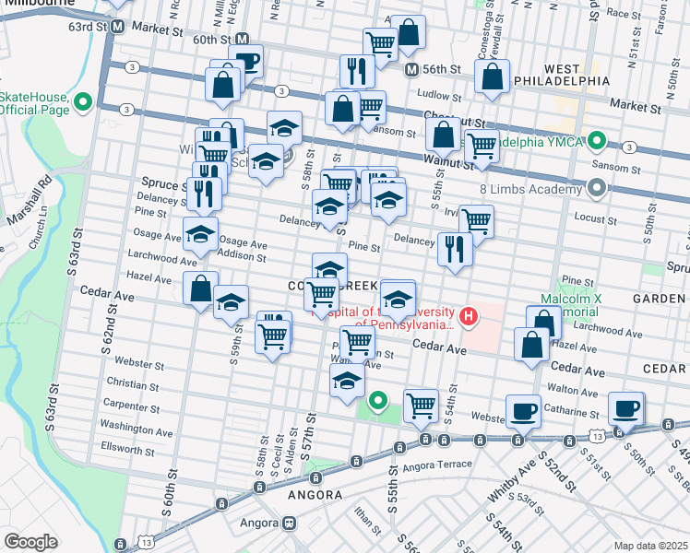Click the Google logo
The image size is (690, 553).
click(30, 541)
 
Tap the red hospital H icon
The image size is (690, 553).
click(470, 317)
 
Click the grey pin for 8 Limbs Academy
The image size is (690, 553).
click(596, 189)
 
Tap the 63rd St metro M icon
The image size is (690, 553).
click(117, 27)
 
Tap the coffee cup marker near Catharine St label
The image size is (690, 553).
click(524, 411)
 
